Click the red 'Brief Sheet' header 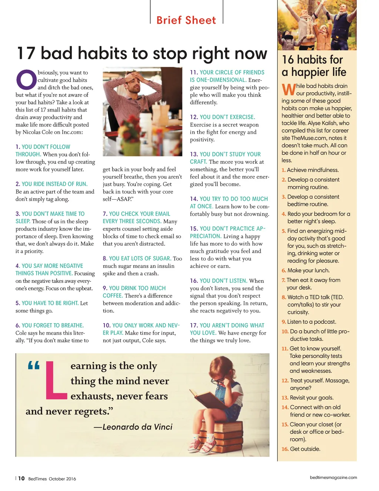(x=186, y=20)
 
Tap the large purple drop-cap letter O (x=26, y=80)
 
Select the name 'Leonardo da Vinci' (x=137, y=427)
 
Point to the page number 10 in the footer (x=21, y=478)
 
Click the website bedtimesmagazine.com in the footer (x=333, y=477)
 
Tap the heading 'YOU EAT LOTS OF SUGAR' (x=140, y=258)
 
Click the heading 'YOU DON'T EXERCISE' (x=227, y=117)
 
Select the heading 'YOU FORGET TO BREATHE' (x=53, y=325)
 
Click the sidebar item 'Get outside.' (x=305, y=449)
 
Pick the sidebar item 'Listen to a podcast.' (x=312, y=322)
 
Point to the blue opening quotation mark (x=34, y=366)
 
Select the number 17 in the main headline (x=26, y=54)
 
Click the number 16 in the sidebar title (x=288, y=60)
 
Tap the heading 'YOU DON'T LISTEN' (x=223, y=281)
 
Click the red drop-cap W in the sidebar (x=289, y=90)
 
